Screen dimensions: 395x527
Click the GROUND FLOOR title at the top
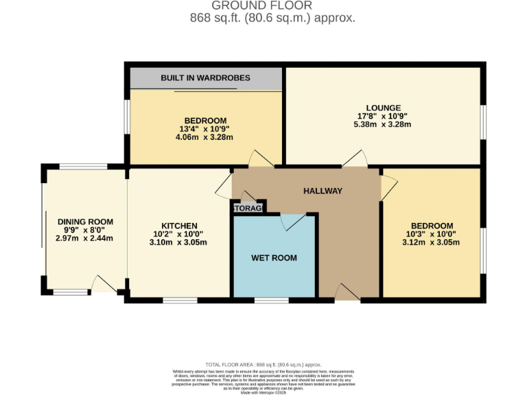(272, 6)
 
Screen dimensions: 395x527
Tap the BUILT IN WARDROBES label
(205, 79)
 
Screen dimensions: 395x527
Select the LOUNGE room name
(383, 108)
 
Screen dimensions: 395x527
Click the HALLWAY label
(323, 191)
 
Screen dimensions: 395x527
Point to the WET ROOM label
(274, 258)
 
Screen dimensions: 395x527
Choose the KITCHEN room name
(179, 226)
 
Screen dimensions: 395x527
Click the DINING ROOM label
(85, 222)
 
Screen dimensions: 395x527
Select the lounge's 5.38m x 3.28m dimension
(383, 125)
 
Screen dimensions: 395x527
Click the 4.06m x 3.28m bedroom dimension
(205, 137)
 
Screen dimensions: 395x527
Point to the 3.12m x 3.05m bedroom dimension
(432, 242)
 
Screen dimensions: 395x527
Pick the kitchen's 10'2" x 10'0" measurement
(179, 234)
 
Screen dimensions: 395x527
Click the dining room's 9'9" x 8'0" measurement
(85, 230)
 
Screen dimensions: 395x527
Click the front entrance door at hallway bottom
(347, 293)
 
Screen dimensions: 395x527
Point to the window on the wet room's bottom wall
(267, 300)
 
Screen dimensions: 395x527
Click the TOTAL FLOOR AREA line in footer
(263, 365)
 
